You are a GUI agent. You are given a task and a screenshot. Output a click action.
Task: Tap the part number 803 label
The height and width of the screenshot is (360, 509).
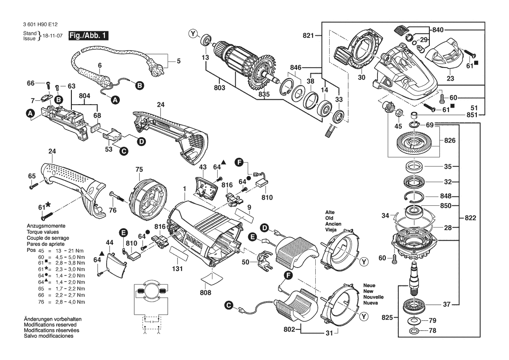(x=219, y=88)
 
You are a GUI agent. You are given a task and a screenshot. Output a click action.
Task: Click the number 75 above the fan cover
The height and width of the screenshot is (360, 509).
(x=139, y=169)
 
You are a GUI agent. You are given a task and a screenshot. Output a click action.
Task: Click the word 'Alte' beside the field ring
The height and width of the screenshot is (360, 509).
(x=330, y=212)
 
